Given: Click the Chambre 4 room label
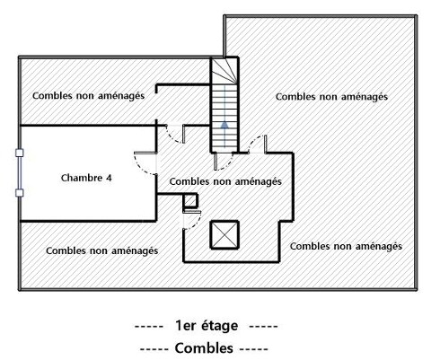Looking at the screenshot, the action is click(x=86, y=178).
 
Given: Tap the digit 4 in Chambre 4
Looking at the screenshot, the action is click(x=109, y=178).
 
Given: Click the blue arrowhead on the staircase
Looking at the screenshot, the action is click(x=224, y=125).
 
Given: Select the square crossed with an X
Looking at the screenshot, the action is click(x=224, y=235).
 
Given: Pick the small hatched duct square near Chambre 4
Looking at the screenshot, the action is click(x=190, y=200).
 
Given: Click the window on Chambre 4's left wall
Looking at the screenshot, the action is click(x=20, y=173).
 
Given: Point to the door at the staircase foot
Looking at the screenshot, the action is click(x=223, y=162).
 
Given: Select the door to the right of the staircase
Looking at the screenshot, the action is click(x=258, y=145).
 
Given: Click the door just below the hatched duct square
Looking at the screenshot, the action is click(x=192, y=220).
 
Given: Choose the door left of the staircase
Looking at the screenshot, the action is click(x=175, y=134).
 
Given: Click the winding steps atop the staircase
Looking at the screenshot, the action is click(x=224, y=71).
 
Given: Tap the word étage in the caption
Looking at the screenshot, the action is click(x=219, y=326).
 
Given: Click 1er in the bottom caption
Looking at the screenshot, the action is click(x=185, y=326).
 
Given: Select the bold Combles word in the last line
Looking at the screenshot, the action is click(x=204, y=348).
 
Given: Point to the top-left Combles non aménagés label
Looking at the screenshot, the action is click(x=88, y=96).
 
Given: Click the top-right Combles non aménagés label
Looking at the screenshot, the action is click(x=331, y=97).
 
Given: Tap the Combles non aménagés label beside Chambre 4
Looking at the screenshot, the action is click(x=225, y=181).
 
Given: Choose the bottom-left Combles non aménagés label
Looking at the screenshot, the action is click(x=102, y=250).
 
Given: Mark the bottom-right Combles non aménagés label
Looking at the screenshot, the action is click(x=346, y=246).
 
